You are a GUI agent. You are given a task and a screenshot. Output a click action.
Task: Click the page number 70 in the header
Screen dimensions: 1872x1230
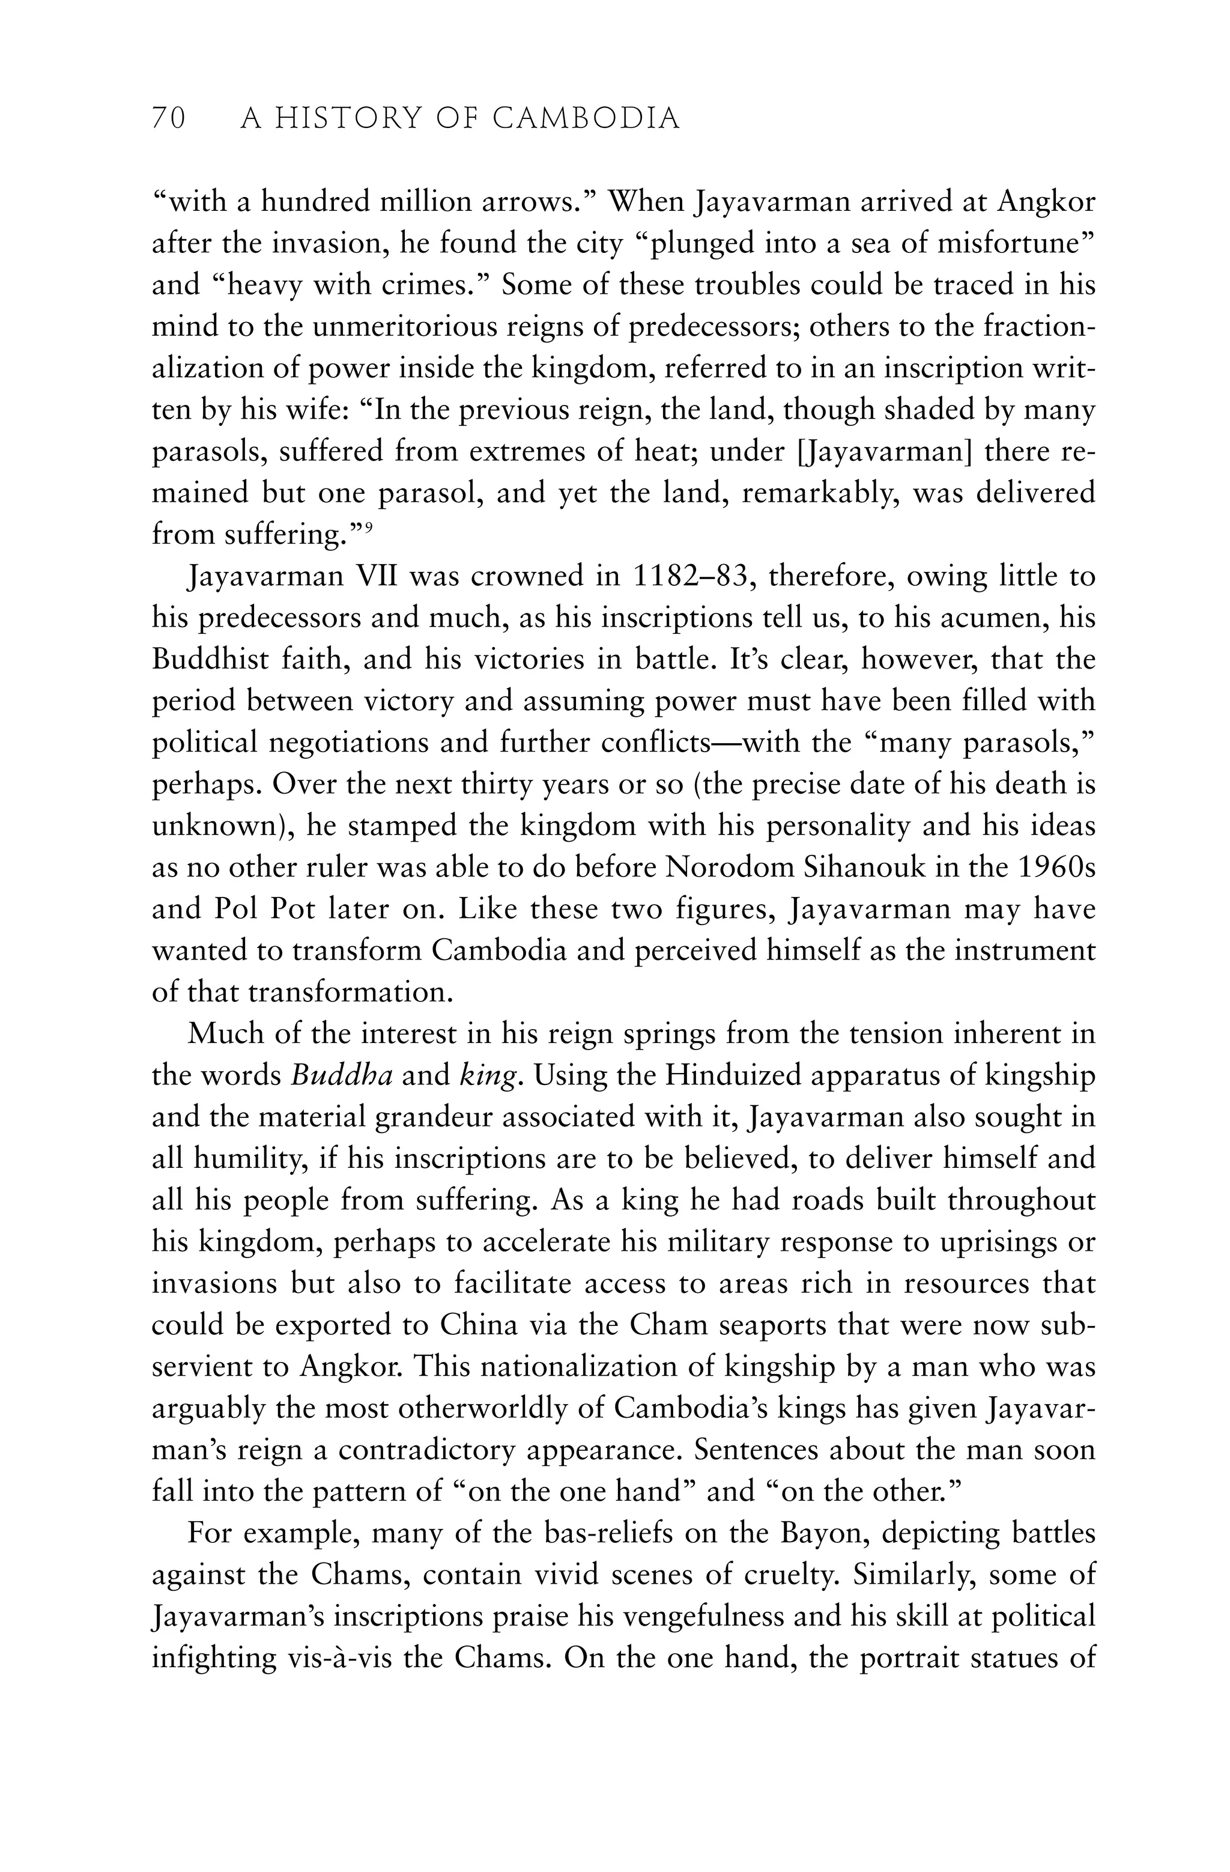pos(168,119)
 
